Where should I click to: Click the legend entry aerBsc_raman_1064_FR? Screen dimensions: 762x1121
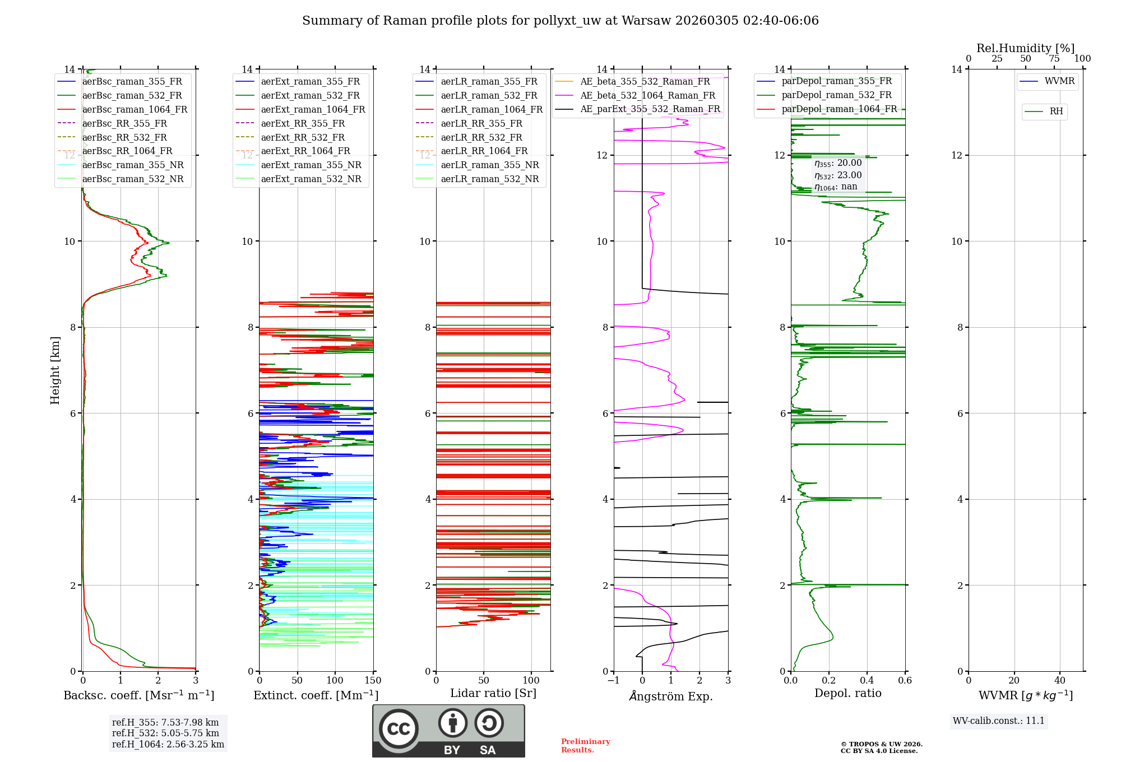click(x=135, y=110)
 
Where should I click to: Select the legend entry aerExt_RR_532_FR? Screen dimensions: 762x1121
click(x=303, y=137)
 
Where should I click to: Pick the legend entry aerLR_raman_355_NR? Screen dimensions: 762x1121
click(x=489, y=165)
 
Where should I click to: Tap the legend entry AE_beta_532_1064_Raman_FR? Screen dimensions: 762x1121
click(x=647, y=96)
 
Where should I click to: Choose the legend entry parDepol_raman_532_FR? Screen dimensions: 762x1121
click(x=836, y=95)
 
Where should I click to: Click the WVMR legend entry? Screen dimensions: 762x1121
click(x=1059, y=81)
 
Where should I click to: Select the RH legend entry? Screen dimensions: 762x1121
click(x=1056, y=111)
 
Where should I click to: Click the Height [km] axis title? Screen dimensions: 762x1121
click(x=55, y=370)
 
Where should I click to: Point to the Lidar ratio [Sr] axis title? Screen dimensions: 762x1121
click(x=493, y=693)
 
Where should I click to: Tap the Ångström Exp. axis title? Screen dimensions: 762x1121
click(x=671, y=696)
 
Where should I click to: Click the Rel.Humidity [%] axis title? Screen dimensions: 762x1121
click(x=1025, y=48)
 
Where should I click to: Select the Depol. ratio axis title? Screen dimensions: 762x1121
click(x=847, y=693)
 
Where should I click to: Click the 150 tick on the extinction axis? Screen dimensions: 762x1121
click(x=373, y=681)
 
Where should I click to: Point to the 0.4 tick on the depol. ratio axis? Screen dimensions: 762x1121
click(x=867, y=681)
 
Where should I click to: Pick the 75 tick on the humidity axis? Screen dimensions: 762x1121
click(x=1054, y=59)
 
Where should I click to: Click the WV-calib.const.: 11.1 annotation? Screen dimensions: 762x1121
click(x=999, y=721)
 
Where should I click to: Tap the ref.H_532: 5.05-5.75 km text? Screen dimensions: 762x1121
click(x=165, y=733)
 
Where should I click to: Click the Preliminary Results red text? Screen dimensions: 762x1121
click(x=585, y=746)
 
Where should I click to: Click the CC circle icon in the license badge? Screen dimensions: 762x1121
click(x=399, y=728)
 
